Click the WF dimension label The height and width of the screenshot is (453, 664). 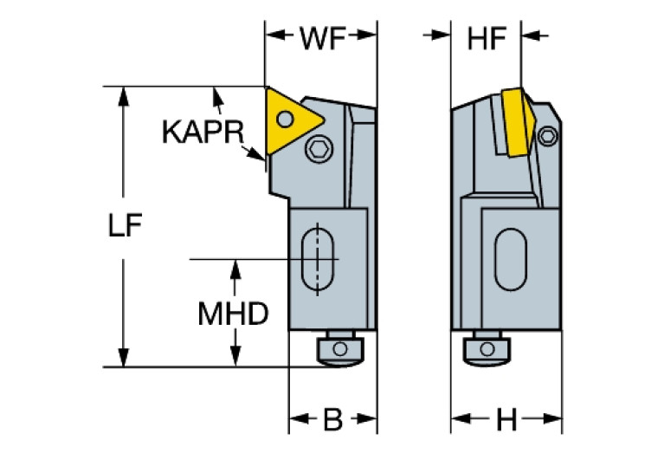(321, 37)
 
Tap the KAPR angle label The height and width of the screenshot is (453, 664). (202, 132)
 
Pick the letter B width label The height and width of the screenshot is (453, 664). (332, 421)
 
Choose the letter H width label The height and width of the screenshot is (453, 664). (506, 421)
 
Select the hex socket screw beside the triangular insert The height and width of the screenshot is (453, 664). (319, 151)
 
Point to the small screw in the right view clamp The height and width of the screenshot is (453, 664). (547, 135)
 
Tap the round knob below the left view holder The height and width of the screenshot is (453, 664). (338, 349)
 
